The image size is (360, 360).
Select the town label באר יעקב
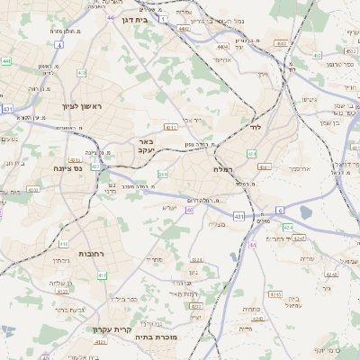tap(148, 147)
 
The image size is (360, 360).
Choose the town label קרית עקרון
tap(112, 329)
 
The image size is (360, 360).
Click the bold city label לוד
tap(254, 130)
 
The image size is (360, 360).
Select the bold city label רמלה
tap(224, 169)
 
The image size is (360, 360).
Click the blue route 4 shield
tap(59, 43)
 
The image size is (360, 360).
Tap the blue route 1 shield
tap(163, 18)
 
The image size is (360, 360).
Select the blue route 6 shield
tap(280, 210)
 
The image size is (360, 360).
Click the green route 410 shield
tap(64, 244)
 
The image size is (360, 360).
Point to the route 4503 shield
tap(282, 42)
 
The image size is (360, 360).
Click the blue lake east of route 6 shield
tap(306, 213)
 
